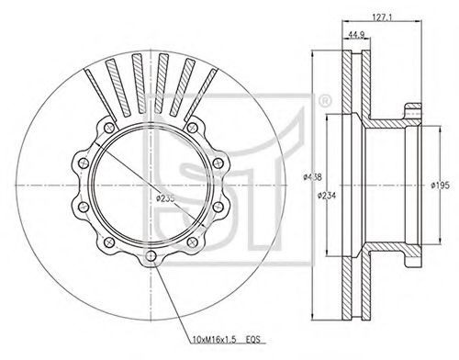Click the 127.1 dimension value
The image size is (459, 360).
click(x=381, y=17)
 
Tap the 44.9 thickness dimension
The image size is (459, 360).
click(x=356, y=34)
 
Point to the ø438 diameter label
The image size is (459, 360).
click(x=312, y=176)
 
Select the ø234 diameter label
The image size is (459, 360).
click(x=326, y=195)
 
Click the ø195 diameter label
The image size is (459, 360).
click(x=440, y=186)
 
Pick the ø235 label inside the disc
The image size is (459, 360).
click(x=165, y=198)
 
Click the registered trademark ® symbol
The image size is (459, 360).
click(x=324, y=101)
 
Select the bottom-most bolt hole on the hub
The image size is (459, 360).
click(x=151, y=256)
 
